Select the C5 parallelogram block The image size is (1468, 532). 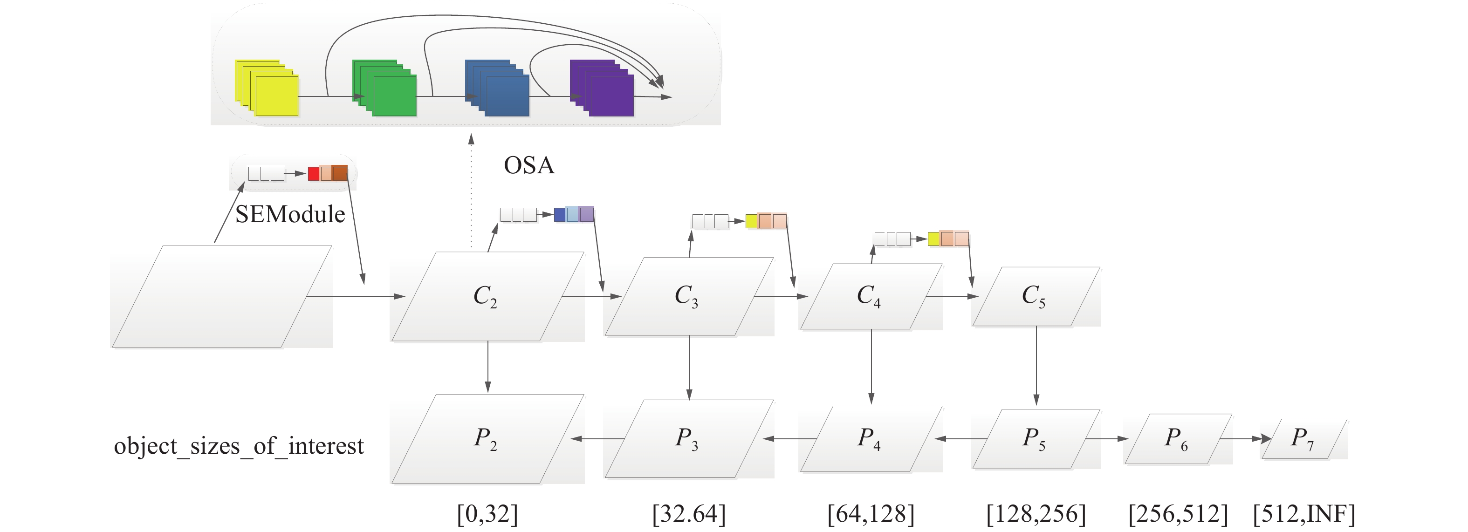coord(1036,296)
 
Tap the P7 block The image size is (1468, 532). coord(1304,438)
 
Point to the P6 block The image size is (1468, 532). coord(1177,438)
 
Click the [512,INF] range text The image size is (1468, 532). coord(1304,514)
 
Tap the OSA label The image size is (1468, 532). coord(529,165)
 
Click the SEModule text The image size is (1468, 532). coord(290,214)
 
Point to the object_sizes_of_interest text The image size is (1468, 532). coord(239,445)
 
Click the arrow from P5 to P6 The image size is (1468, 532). coord(1107,438)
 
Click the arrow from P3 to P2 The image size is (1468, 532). coord(598,438)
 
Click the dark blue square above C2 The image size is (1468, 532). coord(560,215)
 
